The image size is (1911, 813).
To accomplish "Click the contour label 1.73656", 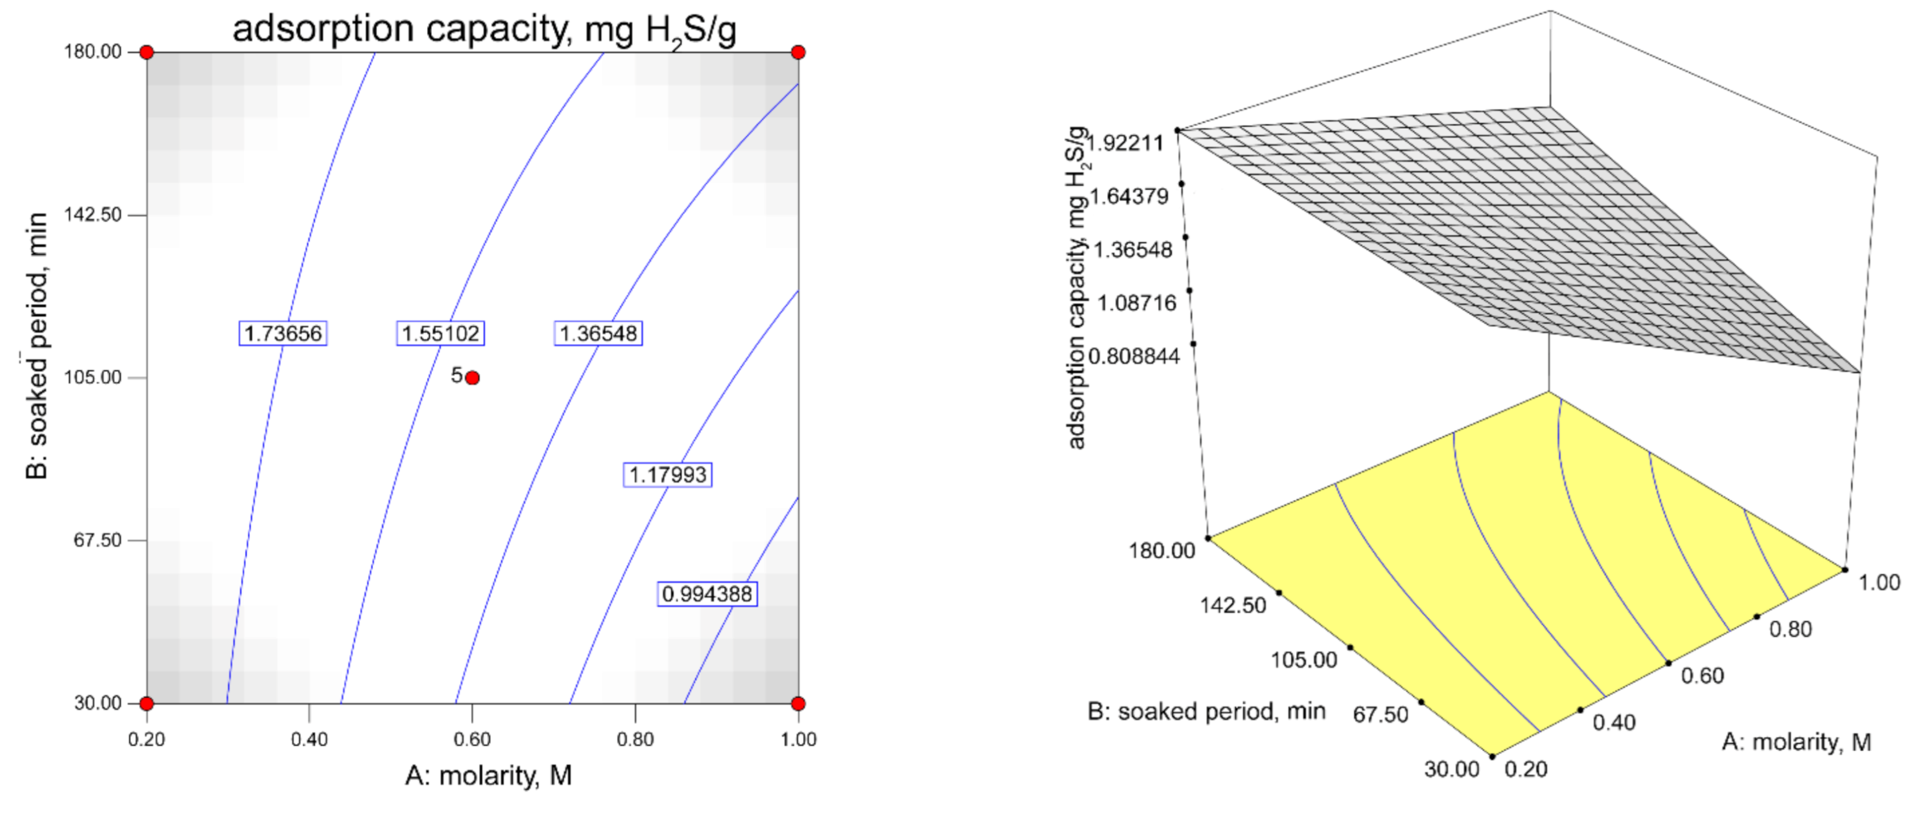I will pos(283,333).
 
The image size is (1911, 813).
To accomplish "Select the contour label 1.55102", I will pos(440,333).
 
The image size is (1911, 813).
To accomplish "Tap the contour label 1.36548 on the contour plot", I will pos(598,333).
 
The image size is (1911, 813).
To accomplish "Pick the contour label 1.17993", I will pos(668,474).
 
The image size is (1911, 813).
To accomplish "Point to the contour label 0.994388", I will pos(707,594).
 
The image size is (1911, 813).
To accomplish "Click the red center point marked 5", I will pos(472,377).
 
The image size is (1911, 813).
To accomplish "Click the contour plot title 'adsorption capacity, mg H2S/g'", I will pos(485,30).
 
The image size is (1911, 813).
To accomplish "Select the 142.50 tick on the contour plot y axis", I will pos(93,214).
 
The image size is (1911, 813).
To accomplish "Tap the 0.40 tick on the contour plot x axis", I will pos(309,739).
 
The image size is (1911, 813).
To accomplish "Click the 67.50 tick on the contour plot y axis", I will pos(97,540).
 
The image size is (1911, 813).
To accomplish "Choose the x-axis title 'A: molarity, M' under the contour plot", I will pos(488,775).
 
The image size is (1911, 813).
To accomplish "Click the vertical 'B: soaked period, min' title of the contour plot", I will pos(37,345).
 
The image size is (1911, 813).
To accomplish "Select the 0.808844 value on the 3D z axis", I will pos(1134,356).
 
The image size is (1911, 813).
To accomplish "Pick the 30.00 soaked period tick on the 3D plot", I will pos(1451,768).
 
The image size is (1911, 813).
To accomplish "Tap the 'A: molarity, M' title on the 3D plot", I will pos(1796,742).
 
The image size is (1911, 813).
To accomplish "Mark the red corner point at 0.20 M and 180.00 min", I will pos(147,52).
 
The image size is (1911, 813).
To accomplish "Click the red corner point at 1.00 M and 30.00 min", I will pos(798,703).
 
